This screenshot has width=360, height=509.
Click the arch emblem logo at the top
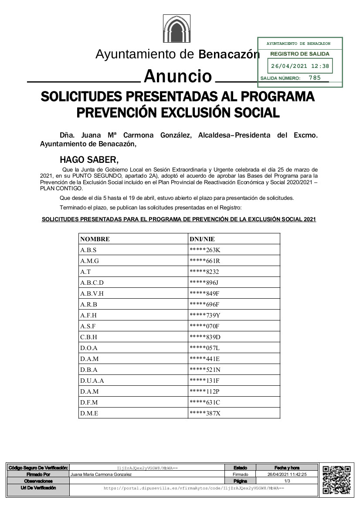177,29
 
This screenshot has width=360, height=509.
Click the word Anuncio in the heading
177,76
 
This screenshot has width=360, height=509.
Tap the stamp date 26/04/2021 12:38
300,67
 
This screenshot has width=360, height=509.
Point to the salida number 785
314,78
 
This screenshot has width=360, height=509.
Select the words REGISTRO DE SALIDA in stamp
300,54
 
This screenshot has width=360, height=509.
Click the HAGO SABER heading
89,159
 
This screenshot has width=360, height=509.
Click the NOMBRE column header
95,239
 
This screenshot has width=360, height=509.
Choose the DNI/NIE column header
202,239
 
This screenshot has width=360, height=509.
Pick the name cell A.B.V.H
92,293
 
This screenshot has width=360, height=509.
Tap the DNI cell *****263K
204,250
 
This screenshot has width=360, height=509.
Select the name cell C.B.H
89,337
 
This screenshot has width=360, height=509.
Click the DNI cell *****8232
204,272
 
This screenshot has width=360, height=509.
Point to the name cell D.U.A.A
92,381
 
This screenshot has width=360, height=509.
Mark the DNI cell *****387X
205,413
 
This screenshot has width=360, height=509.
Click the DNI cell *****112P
205,391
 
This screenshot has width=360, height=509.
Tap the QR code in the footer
336,479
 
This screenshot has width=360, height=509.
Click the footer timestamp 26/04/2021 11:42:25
287,475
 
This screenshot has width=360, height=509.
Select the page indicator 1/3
287,481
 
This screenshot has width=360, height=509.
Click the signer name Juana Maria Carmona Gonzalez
101,475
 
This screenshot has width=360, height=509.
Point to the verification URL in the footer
194,489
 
